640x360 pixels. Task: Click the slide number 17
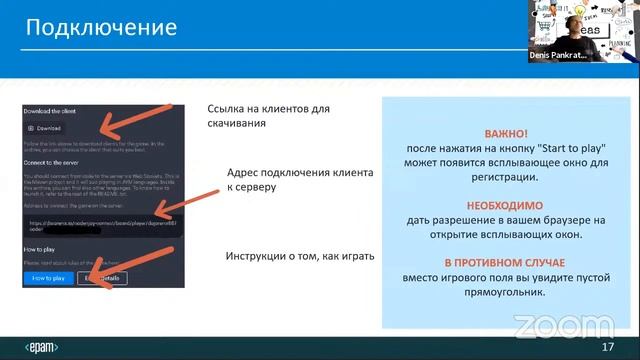(607, 347)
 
